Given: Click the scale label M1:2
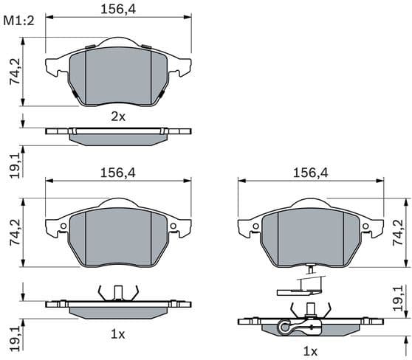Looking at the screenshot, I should tap(19, 20).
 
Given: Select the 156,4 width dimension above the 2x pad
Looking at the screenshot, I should tap(118, 9).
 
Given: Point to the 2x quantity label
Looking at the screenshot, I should tap(118, 116).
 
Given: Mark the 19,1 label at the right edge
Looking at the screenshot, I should tap(399, 299).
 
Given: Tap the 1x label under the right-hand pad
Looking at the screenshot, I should tap(310, 349).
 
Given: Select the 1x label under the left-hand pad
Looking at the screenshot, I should tap(118, 334).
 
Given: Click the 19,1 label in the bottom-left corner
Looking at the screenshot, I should tap(14, 339).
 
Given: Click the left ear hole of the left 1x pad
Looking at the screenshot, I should tap(63, 226).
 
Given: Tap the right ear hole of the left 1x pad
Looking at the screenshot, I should tap(174, 226).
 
